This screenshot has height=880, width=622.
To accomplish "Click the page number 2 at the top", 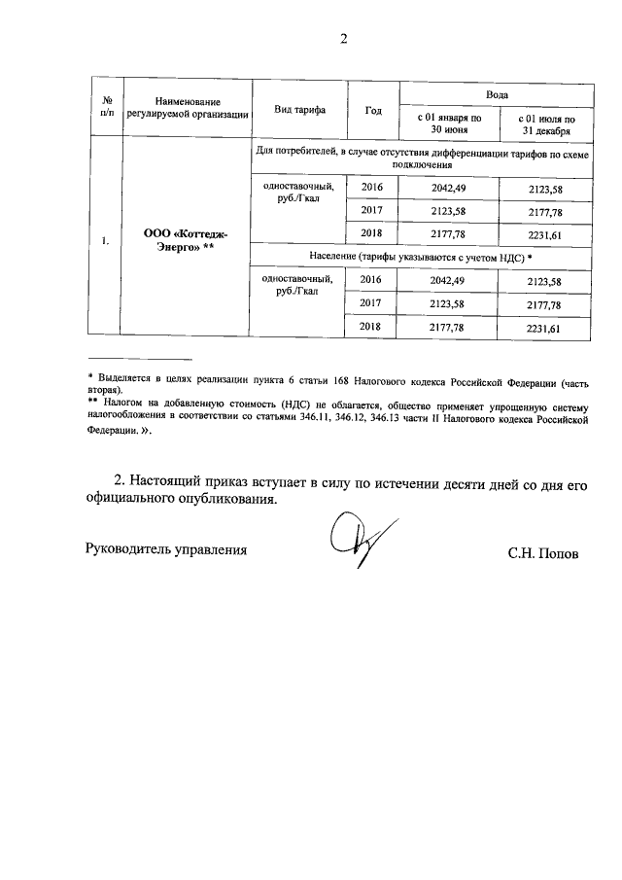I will [342, 39].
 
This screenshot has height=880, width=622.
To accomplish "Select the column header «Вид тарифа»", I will [298, 109].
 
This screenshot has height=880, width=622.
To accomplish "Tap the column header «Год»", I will [373, 109].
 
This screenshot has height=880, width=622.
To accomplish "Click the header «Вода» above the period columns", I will [496, 92].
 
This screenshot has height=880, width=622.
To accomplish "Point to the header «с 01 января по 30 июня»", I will [449, 123].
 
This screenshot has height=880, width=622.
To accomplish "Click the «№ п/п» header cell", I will [108, 109].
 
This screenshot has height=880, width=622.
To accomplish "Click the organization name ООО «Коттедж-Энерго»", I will [187, 240].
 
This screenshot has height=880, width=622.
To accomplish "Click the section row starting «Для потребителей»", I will [420, 159].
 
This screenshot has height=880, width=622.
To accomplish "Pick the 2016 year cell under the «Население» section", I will [372, 280].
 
